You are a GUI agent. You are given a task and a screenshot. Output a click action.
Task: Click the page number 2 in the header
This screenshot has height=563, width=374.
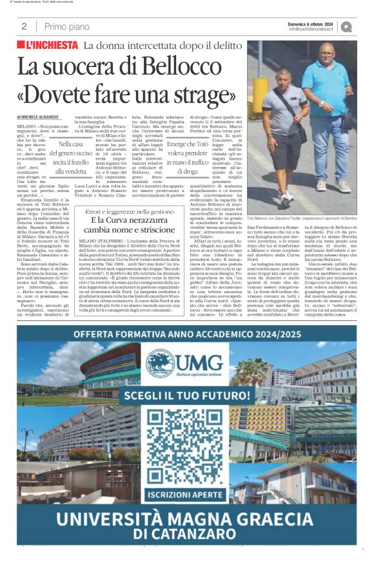click(24, 26)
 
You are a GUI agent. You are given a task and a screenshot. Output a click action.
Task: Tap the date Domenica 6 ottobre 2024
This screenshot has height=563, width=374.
click(310, 23)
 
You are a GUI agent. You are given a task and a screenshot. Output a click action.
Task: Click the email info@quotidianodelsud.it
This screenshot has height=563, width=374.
click(311, 29)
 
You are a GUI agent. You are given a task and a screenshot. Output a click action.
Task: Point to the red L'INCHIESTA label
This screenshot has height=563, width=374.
click(46, 46)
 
